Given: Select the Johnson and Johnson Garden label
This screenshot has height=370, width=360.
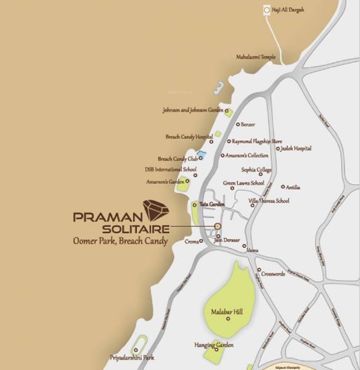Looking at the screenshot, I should pyautogui.click(x=192, y=111).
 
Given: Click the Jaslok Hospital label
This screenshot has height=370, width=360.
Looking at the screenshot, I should pyautogui.click(x=297, y=149).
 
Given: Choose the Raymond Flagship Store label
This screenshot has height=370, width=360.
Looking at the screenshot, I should pyautogui.click(x=256, y=141).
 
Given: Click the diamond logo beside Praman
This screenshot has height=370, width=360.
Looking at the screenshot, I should pyautogui.click(x=155, y=210).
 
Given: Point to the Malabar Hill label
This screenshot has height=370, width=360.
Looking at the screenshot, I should pyautogui.click(x=227, y=312).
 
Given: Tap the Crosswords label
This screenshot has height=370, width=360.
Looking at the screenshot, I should pyautogui.click(x=274, y=273).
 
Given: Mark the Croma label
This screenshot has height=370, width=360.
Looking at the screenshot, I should pyautogui.click(x=192, y=242).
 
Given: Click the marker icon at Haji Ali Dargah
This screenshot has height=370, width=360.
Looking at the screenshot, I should pyautogui.click(x=266, y=10).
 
